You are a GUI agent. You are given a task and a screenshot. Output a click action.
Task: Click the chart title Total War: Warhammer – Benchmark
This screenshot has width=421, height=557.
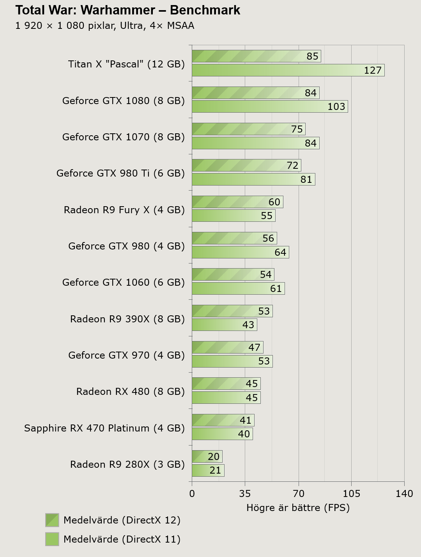coord(127,10)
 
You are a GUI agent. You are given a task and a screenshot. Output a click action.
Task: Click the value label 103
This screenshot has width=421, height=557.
coord(336,106)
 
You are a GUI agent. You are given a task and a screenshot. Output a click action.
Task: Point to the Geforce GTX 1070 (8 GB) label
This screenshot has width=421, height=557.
coord(123,137)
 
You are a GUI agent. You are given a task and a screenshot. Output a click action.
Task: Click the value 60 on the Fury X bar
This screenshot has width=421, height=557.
coord(274,202)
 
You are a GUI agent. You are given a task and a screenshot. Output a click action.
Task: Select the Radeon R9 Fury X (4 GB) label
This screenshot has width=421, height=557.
coord(124,210)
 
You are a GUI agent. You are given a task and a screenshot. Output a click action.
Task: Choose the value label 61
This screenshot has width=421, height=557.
coord(276,288)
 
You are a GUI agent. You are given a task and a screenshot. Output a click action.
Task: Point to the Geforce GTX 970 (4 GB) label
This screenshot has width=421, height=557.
coord(126,355)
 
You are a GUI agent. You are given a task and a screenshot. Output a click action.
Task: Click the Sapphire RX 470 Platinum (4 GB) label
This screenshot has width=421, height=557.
coord(104,428)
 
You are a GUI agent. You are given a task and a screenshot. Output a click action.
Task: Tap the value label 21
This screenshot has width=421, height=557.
coord(215,470)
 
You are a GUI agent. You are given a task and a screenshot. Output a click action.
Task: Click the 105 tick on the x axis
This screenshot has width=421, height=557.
coord(351,494)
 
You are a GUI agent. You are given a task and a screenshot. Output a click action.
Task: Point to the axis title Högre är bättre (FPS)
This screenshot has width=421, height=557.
coord(298,507)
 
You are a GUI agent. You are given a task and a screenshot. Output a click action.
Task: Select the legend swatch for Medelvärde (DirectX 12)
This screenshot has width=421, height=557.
coord(52,520)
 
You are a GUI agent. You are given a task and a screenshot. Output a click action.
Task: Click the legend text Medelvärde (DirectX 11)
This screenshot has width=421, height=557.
coord(122,539)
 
